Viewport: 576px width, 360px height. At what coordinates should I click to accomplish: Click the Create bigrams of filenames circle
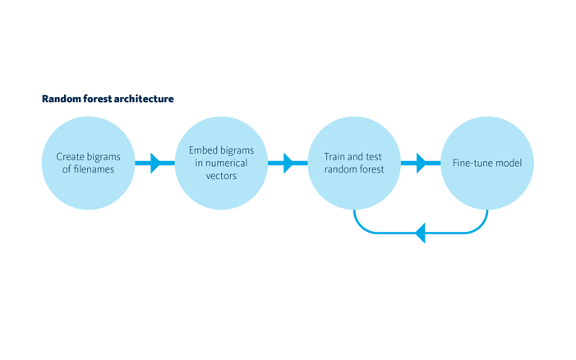click(x=88, y=163)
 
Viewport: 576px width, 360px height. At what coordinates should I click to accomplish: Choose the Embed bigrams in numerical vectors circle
click(x=221, y=163)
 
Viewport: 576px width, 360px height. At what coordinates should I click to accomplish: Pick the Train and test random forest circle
click(x=354, y=163)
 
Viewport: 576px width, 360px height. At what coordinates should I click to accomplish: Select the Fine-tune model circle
click(x=487, y=163)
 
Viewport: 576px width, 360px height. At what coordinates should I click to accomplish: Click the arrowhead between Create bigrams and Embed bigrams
click(x=156, y=163)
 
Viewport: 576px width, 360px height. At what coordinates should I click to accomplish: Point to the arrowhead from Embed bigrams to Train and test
click(x=288, y=163)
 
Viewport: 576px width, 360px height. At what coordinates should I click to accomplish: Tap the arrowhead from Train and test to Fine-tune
click(x=422, y=163)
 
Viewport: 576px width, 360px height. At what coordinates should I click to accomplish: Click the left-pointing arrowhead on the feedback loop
click(x=420, y=233)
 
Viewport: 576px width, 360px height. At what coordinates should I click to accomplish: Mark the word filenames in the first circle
click(x=94, y=169)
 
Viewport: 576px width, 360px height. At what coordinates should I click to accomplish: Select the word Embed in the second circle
click(x=201, y=150)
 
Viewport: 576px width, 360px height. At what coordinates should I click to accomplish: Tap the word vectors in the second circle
click(x=221, y=176)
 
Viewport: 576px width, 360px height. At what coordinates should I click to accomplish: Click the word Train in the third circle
click(x=334, y=157)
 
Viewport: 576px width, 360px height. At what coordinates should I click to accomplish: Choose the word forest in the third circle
click(x=371, y=169)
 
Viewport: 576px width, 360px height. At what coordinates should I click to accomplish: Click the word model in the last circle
click(x=508, y=163)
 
